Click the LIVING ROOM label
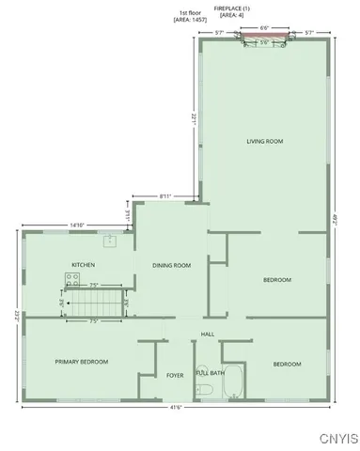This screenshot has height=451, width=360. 265,141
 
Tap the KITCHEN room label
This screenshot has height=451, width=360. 84,265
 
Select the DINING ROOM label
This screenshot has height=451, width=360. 171,265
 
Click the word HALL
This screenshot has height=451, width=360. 208,334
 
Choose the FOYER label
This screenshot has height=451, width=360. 175,375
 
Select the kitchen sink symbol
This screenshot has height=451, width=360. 110,241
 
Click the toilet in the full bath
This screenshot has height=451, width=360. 202,370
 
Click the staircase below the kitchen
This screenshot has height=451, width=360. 95,303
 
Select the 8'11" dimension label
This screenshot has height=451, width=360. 165,195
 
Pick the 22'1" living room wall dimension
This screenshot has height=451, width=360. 193,119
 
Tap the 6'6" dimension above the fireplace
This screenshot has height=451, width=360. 264,28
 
